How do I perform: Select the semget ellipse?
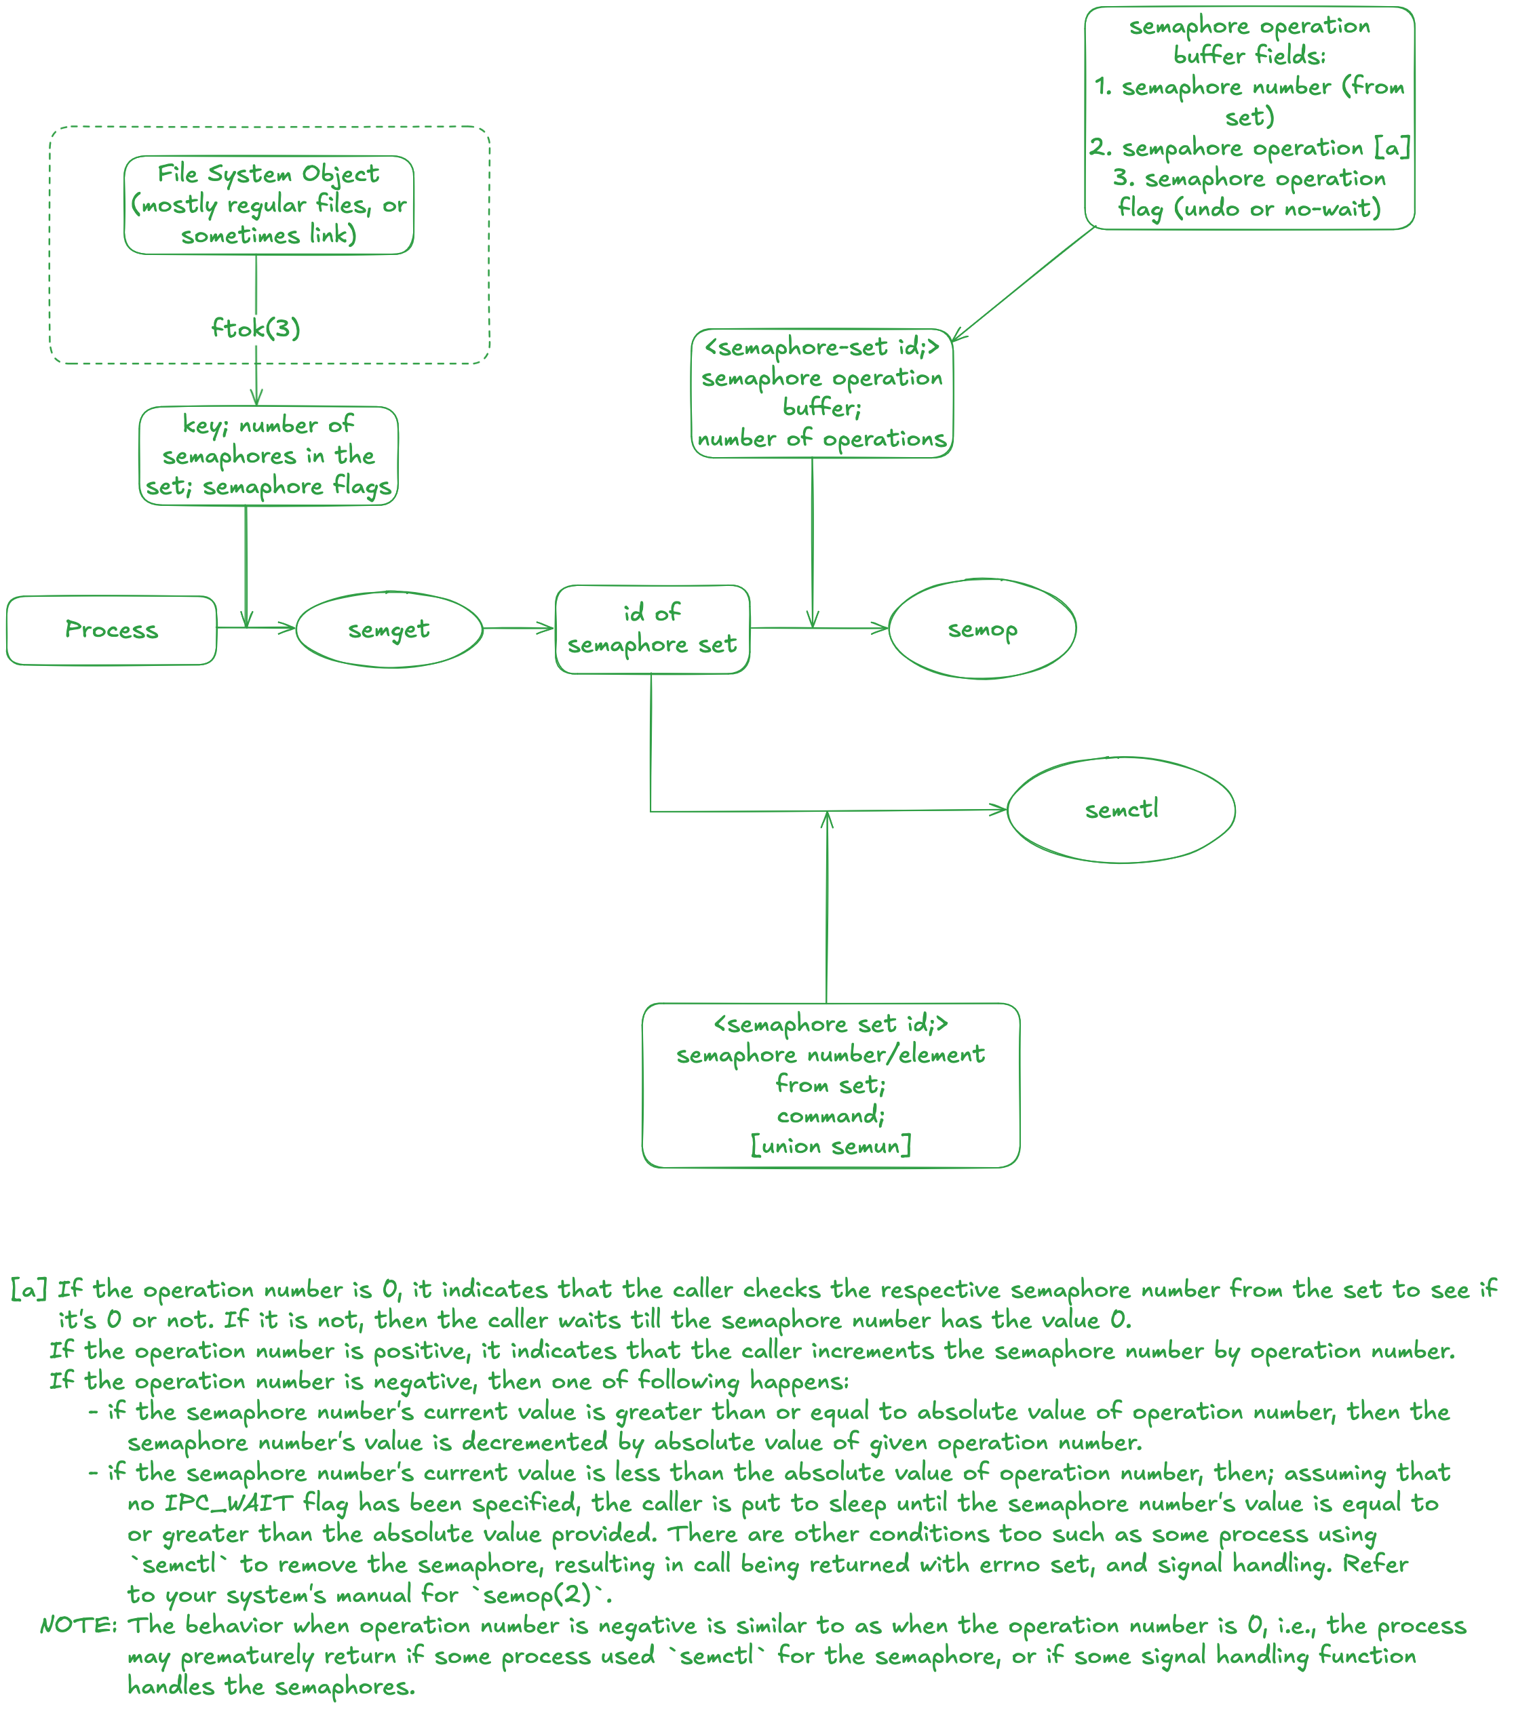[x=389, y=629]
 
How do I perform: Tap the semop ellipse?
[x=982, y=629]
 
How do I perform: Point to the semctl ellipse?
[x=1121, y=809]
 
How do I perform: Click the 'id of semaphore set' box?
[x=652, y=629]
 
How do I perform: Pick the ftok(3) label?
[x=255, y=328]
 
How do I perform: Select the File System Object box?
[x=269, y=205]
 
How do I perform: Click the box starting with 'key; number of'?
[x=269, y=456]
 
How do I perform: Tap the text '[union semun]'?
[x=831, y=1145]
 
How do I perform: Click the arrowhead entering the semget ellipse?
[x=288, y=628]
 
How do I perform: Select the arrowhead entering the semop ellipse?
[x=881, y=628]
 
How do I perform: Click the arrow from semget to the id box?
[x=519, y=628]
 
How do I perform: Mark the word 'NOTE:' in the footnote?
[x=79, y=1626]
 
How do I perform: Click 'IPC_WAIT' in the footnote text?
[x=229, y=1504]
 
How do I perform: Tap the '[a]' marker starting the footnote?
[x=28, y=1289]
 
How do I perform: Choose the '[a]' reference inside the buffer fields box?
[x=1392, y=148]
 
